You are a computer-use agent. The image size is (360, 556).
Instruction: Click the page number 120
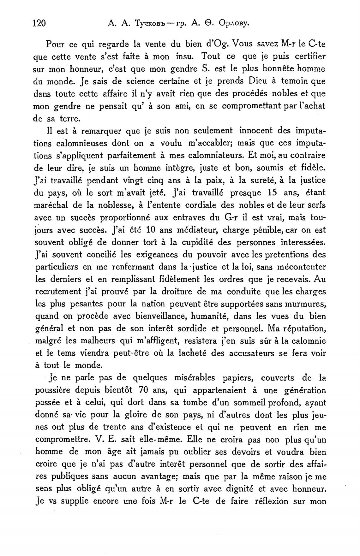click(x=39, y=23)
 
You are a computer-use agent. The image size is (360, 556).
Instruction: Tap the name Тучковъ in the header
click(x=146, y=23)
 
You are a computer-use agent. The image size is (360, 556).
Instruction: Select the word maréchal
click(x=51, y=205)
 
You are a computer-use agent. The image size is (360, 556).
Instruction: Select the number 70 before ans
click(x=144, y=390)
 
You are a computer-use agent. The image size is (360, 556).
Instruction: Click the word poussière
click(x=53, y=390)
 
